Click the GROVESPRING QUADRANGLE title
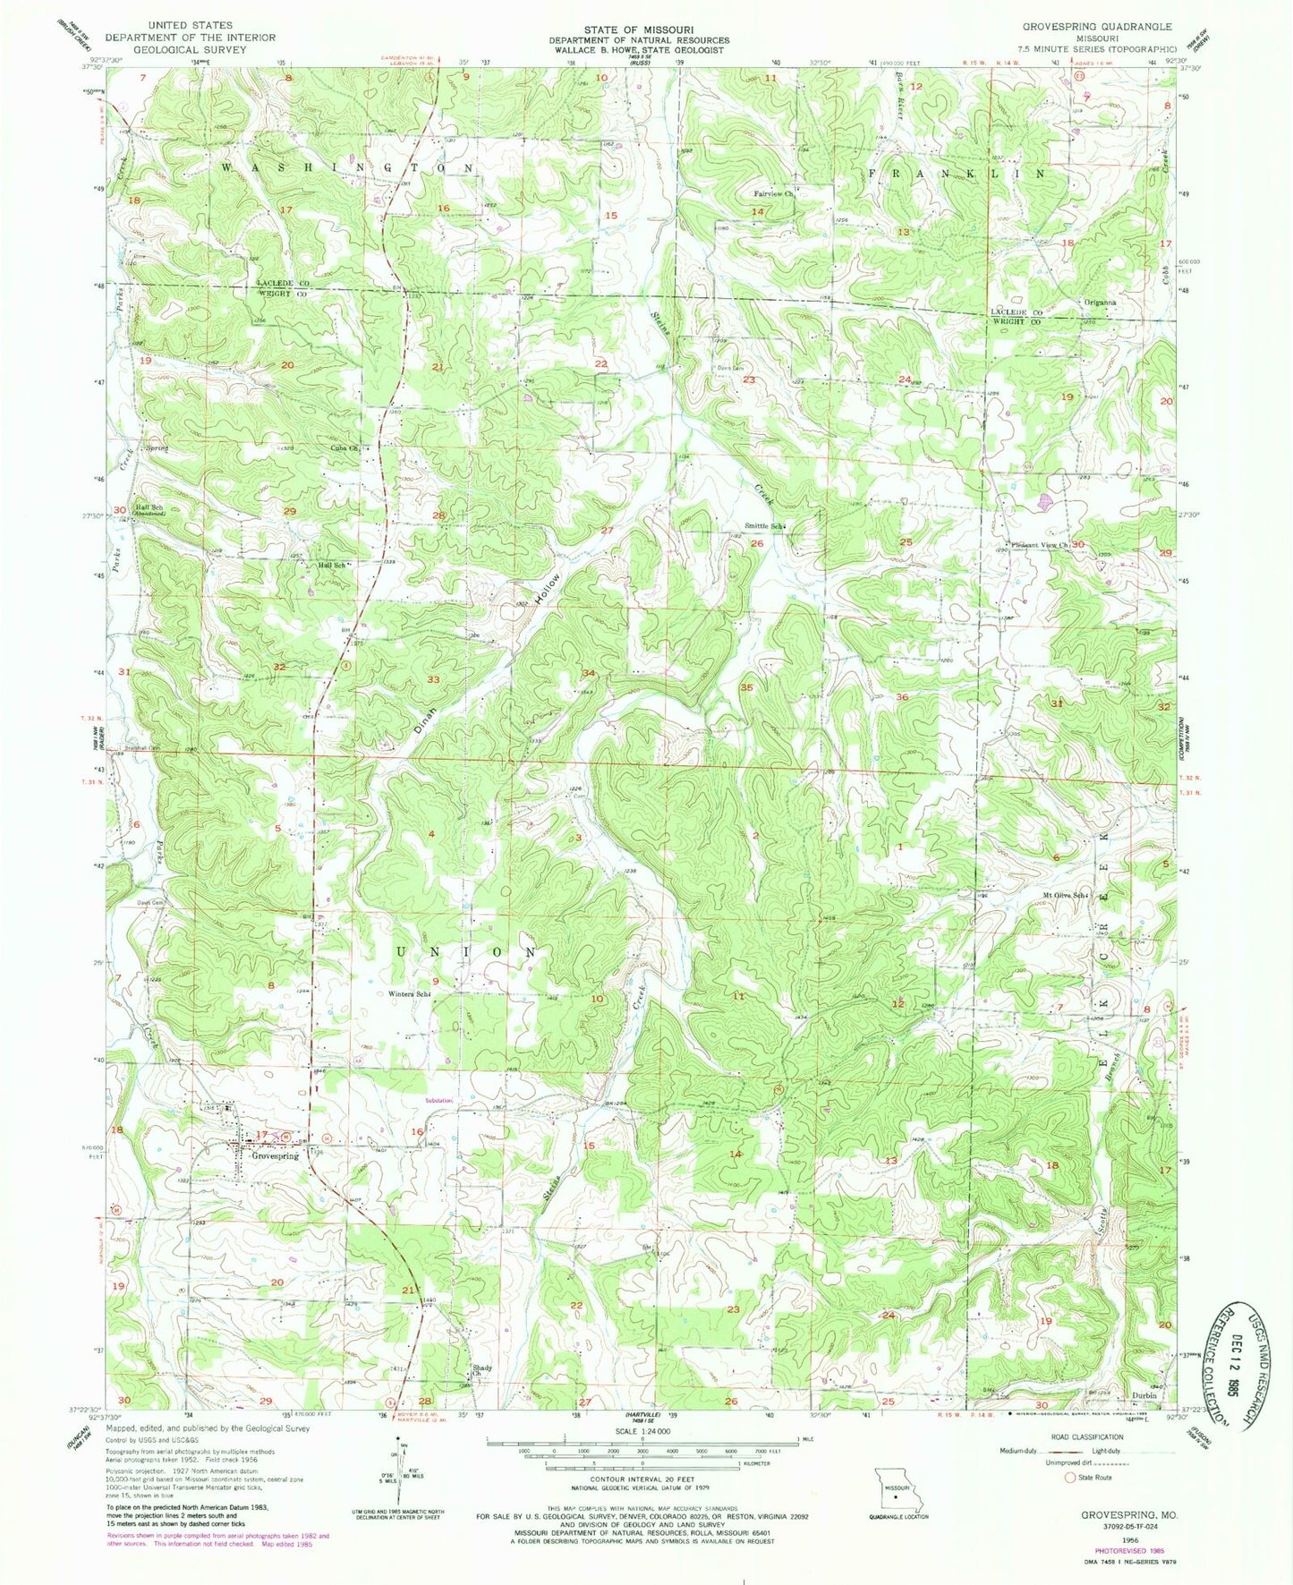coord(1097,27)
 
